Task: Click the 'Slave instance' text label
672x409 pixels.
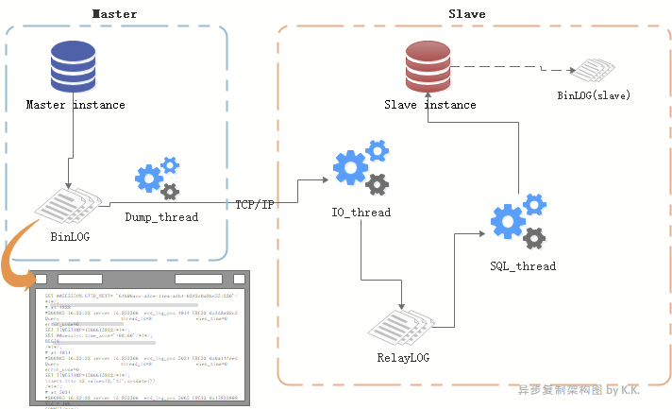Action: click(x=429, y=105)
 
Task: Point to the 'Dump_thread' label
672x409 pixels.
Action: click(x=161, y=217)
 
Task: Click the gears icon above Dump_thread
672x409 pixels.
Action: click(x=157, y=179)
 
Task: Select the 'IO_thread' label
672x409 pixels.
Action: click(x=361, y=213)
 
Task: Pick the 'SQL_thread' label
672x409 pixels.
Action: click(x=523, y=266)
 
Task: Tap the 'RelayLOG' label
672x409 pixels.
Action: click(x=403, y=358)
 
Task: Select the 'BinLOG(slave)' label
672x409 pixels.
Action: click(x=594, y=95)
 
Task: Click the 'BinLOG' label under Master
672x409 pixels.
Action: click(x=70, y=236)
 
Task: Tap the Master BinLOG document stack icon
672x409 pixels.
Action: click(x=69, y=206)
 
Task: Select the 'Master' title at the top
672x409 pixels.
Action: click(x=114, y=14)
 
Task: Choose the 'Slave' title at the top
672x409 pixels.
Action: click(x=467, y=14)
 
